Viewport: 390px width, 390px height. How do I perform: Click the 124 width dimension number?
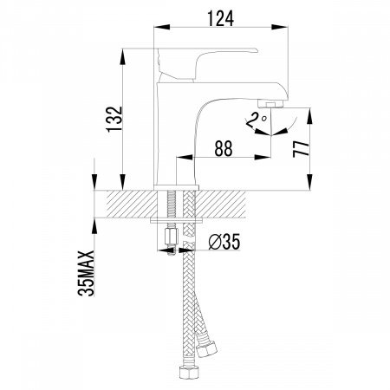(x=220, y=18)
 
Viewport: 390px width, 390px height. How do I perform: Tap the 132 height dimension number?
(x=114, y=119)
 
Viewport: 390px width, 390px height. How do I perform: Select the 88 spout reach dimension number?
(x=224, y=148)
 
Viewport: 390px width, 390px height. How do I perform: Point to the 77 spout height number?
(x=301, y=149)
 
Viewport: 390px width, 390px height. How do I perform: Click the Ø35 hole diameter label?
(x=224, y=242)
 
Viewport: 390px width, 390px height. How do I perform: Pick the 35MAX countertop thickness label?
(x=86, y=273)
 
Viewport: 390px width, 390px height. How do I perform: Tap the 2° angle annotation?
(x=256, y=120)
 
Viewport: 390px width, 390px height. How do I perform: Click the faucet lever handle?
(x=206, y=64)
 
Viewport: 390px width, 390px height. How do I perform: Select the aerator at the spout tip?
(x=270, y=103)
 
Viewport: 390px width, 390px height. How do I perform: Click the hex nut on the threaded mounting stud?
(x=169, y=236)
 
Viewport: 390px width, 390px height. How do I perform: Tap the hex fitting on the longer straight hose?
(x=189, y=372)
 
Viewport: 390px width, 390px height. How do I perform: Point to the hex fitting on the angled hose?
(x=206, y=349)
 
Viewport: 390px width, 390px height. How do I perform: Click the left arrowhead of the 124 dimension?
(x=161, y=27)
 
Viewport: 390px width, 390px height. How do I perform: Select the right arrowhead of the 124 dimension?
(x=280, y=27)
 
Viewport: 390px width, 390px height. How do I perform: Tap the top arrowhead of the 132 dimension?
(x=122, y=56)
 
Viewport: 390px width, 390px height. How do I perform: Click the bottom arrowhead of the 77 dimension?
(x=309, y=182)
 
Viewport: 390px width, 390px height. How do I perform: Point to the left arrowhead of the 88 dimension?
(x=185, y=157)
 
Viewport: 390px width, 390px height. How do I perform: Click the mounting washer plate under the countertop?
(x=176, y=221)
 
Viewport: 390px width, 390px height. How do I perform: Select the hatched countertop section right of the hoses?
(x=221, y=204)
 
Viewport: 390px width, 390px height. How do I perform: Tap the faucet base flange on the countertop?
(x=176, y=187)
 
